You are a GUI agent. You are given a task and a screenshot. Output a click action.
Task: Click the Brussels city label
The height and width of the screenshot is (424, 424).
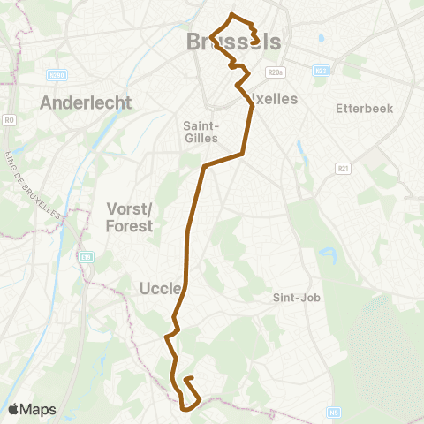[234, 42]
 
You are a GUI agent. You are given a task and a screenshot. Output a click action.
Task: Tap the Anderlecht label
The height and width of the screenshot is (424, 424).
[86, 102]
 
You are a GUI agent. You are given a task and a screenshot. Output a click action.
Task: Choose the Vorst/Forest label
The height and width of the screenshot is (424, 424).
[129, 216]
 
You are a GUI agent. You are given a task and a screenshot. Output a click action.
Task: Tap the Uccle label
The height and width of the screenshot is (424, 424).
[160, 288]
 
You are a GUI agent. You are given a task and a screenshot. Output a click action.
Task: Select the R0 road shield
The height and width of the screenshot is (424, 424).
[10, 119]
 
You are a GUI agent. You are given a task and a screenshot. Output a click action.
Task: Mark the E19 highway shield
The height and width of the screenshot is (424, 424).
[87, 257]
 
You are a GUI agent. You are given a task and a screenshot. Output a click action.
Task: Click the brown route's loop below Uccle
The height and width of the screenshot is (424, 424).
[189, 395]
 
